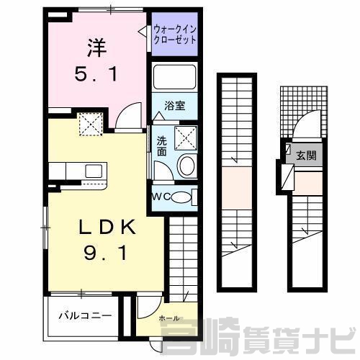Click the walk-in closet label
pyautogui.click(x=175, y=35)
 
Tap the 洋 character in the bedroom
pyautogui.click(x=97, y=48)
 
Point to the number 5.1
pyautogui.click(x=96, y=73)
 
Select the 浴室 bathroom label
pyautogui.click(x=175, y=106)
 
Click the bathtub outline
pyautogui.click(x=174, y=77)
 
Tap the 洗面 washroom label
pyautogui.click(x=162, y=146)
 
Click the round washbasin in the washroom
pyautogui.click(x=186, y=166)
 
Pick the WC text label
pyautogui.click(x=161, y=197)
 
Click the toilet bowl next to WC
pyautogui.click(x=181, y=197)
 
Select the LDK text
pyautogui.click(x=107, y=227)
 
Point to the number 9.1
pyautogui.click(x=105, y=253)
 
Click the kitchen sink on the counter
pyautogui.click(x=94, y=171)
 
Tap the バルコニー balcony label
pyautogui.click(x=85, y=315)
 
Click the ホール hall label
pyautogui.click(x=169, y=318)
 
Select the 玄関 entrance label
pyautogui.click(x=306, y=156)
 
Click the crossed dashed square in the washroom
pyautogui.click(x=186, y=138)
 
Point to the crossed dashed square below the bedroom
pyautogui.click(x=91, y=124)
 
